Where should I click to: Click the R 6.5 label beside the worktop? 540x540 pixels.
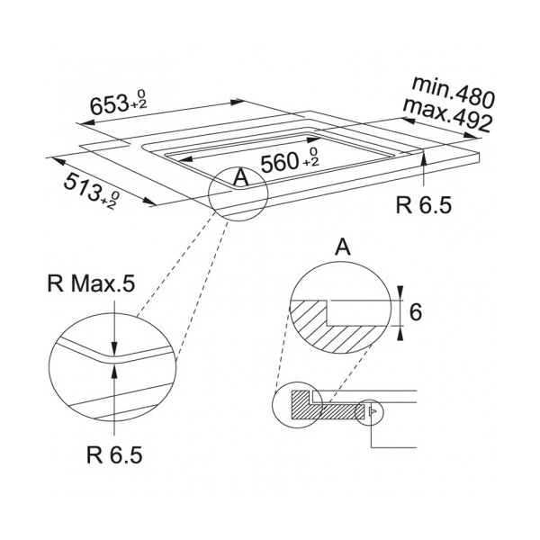click(x=424, y=205)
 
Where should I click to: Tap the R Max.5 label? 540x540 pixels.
click(x=91, y=284)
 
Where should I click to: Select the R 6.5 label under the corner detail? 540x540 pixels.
click(x=114, y=454)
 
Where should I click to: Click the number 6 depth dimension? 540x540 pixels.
click(x=416, y=312)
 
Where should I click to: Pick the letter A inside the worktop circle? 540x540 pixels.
click(x=240, y=177)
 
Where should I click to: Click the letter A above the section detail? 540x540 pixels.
click(x=343, y=247)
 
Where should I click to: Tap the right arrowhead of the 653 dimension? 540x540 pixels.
click(x=238, y=102)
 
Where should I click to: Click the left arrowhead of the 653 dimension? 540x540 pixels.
click(x=85, y=122)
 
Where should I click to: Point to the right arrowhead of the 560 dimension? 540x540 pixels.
click(x=313, y=139)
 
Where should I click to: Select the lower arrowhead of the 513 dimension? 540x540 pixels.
click(x=149, y=202)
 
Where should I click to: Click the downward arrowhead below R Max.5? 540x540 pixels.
click(x=114, y=347)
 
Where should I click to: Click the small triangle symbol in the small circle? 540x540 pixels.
click(x=373, y=411)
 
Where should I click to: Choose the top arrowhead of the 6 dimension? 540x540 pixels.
click(x=400, y=293)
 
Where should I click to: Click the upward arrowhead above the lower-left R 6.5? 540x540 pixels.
click(x=114, y=372)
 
